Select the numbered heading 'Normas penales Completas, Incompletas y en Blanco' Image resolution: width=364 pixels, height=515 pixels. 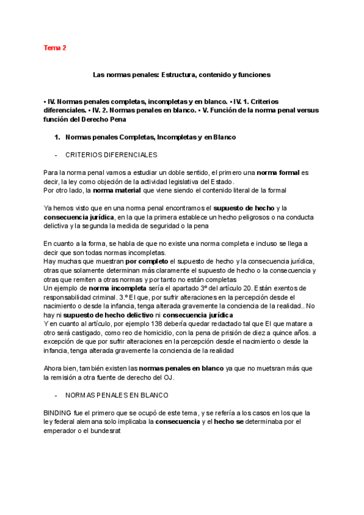tap(150, 137)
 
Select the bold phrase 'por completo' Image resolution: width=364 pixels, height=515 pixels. tap(143, 261)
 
